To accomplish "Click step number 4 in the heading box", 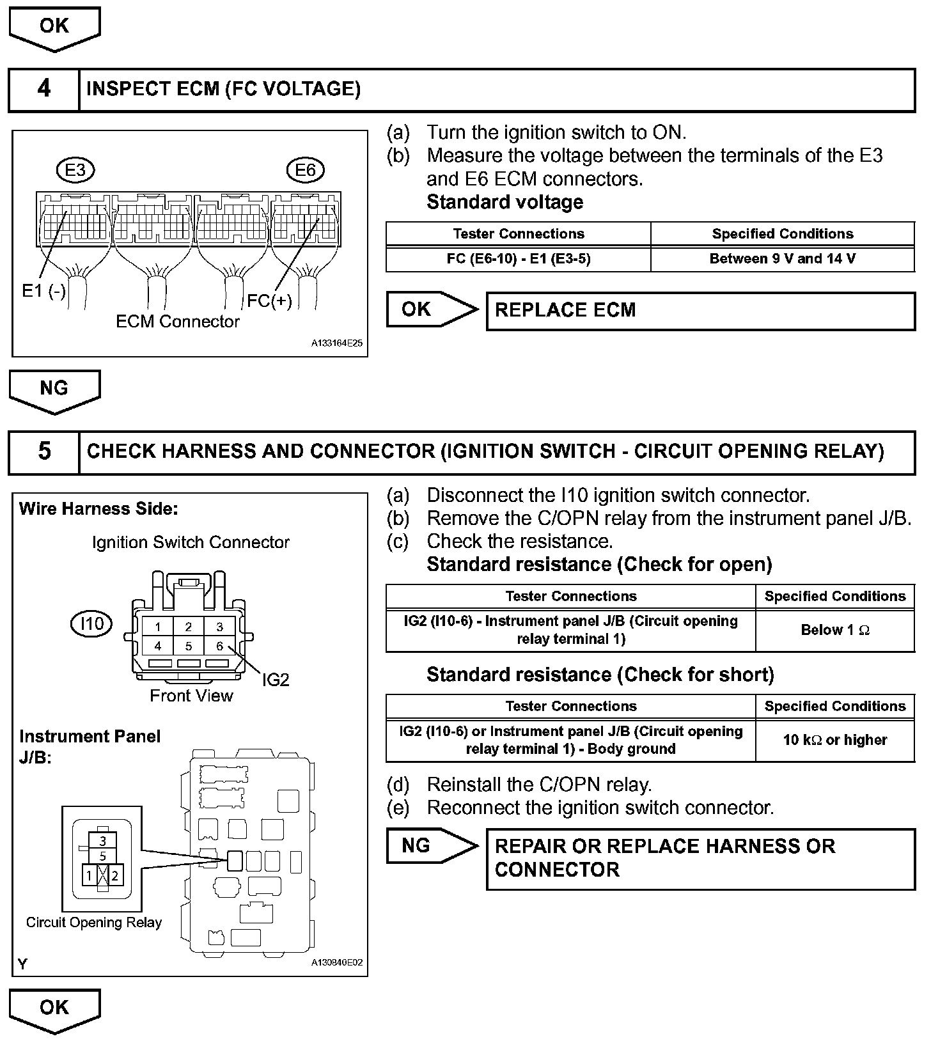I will click(x=43, y=88).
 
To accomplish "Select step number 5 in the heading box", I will click(x=43, y=451).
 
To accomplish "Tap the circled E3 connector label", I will click(x=75, y=170).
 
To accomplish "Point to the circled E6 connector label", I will click(x=306, y=170).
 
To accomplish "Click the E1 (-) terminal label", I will click(x=43, y=291).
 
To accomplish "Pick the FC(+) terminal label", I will click(x=269, y=301).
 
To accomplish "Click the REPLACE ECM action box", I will click(x=700, y=311).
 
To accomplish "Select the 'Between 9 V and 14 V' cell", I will click(x=782, y=259).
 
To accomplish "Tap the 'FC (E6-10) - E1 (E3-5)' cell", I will click(x=518, y=259).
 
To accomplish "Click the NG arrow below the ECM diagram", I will click(x=54, y=390).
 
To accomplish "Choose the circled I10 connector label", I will click(x=91, y=623).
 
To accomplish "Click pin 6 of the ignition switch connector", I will click(x=219, y=646).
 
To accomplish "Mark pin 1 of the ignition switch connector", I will click(x=158, y=627).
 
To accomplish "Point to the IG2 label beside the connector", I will click(x=276, y=680).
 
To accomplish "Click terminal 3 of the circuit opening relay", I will click(x=102, y=842).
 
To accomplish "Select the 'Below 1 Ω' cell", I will click(x=834, y=630).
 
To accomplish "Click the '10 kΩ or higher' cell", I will click(x=834, y=740).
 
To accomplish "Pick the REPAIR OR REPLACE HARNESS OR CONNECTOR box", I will click(x=700, y=858).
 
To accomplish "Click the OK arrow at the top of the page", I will click(x=54, y=28).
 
